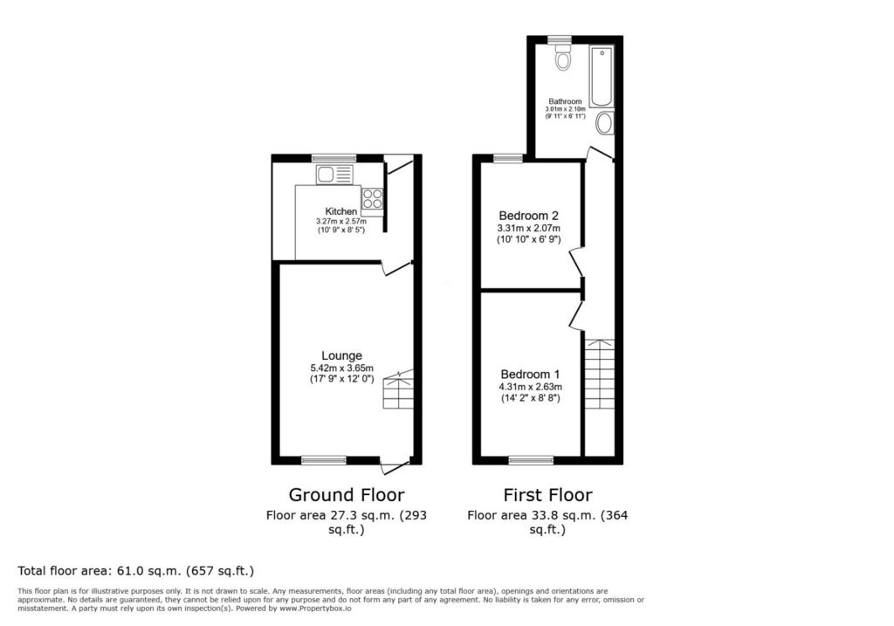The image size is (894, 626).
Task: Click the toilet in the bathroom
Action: tap(563, 57)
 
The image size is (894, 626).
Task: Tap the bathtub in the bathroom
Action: tap(602, 77)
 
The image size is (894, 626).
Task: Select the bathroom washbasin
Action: tap(605, 123)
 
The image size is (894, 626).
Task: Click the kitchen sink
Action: tap(334, 175)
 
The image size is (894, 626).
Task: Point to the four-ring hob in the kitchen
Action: tap(372, 199)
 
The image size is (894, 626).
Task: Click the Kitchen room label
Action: tap(341, 211)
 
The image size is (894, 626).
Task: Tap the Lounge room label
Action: tap(341, 355)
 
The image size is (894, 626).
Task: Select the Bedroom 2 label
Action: tap(528, 216)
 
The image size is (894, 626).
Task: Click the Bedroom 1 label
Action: tap(530, 374)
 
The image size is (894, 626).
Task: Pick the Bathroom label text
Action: tap(565, 101)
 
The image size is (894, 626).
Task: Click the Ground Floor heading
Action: tap(347, 494)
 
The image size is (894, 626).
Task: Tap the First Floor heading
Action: tap(547, 494)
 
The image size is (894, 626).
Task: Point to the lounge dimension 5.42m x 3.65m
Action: tap(342, 368)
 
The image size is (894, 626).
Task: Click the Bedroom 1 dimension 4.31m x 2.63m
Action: tap(530, 387)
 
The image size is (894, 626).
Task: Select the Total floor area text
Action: tap(135, 571)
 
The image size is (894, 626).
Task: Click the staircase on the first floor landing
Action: tap(600, 374)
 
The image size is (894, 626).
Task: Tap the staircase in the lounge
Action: tap(398, 389)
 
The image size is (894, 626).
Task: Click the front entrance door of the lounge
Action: tap(396, 465)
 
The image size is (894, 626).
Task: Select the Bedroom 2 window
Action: tap(508, 159)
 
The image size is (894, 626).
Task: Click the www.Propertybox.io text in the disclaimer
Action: tap(315, 609)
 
